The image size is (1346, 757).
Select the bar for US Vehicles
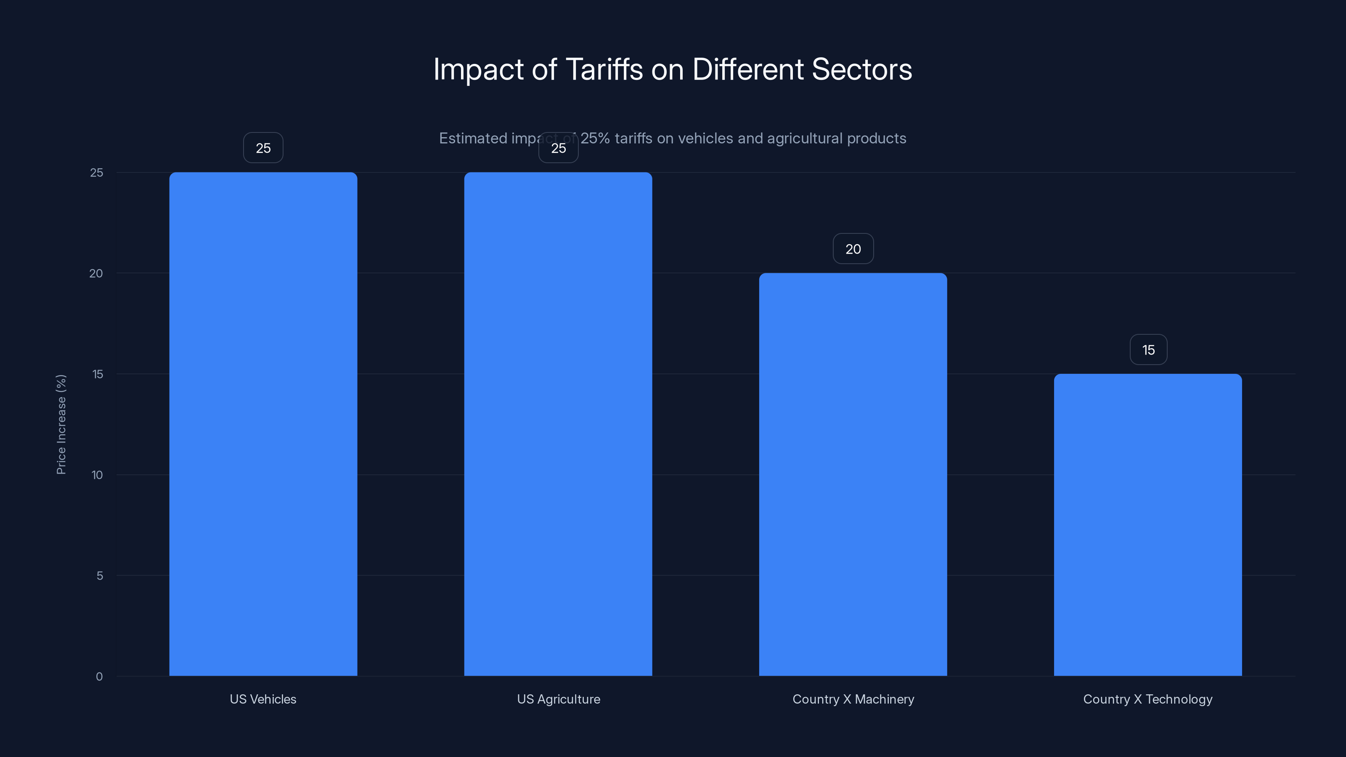tap(263, 423)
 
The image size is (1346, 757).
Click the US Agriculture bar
tap(558, 423)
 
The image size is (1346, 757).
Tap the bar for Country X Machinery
tap(853, 474)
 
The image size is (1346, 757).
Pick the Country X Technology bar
tap(1147, 524)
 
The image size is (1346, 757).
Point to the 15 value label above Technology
tap(1148, 350)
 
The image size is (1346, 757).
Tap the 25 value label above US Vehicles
tap(263, 148)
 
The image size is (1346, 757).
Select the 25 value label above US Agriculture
tap(558, 148)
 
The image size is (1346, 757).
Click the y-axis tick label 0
tap(99, 677)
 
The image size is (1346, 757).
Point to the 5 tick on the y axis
tap(99, 576)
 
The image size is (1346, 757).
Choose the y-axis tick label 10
tap(97, 475)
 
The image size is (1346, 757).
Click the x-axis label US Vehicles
tap(263, 699)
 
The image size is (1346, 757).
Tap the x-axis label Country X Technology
tap(1147, 699)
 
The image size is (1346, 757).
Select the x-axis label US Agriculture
tap(558, 699)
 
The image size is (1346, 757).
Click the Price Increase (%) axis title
tap(61, 424)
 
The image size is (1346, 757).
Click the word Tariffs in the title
tap(604, 69)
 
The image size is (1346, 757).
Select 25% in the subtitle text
tap(595, 138)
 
